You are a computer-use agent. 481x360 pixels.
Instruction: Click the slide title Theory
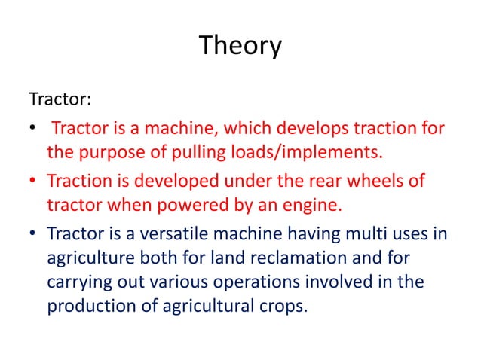[x=240, y=46]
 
